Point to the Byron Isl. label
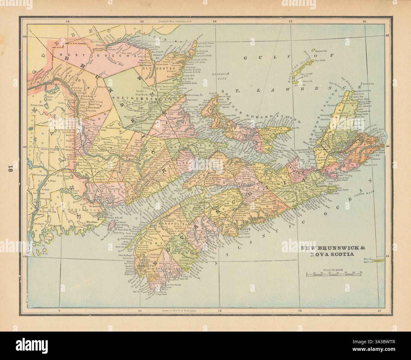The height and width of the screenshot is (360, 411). [x=321, y=51]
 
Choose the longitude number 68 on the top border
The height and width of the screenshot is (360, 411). [x=67, y=21]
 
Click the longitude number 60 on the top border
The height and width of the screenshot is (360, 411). [x=365, y=21]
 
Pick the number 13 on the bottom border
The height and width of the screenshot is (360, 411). [x=220, y=311]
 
